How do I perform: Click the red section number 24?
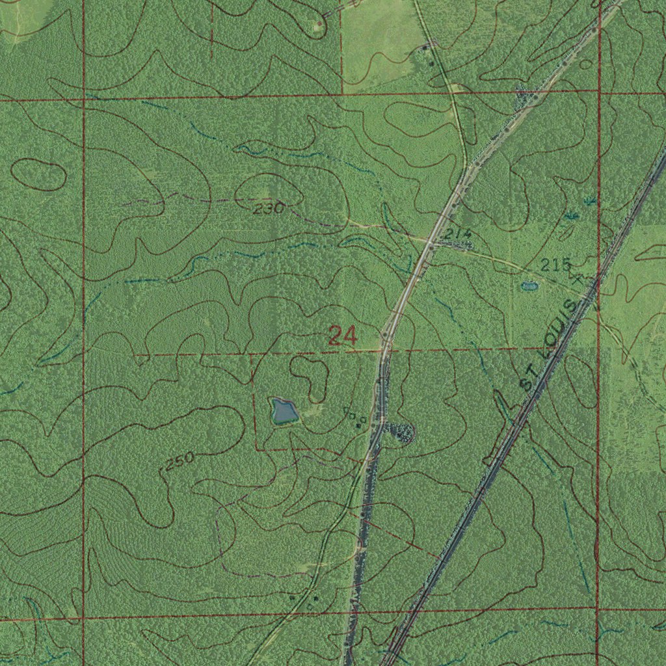pyautogui.click(x=342, y=336)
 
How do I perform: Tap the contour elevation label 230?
pyautogui.click(x=269, y=209)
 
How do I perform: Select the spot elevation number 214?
pyautogui.click(x=458, y=234)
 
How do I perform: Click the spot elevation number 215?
pyautogui.click(x=556, y=265)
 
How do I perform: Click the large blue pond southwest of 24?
pyautogui.click(x=284, y=411)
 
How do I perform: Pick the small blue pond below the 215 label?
pyautogui.click(x=530, y=286)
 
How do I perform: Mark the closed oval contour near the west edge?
pyautogui.click(x=38, y=174)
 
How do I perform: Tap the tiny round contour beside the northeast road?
pyautogui.click(x=585, y=64)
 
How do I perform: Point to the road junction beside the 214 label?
pyautogui.click(x=431, y=244)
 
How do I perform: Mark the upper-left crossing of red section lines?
pyautogui.click(x=83, y=100)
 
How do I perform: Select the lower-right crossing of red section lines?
pyautogui.click(x=598, y=609)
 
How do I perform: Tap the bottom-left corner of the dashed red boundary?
pyautogui.click(x=255, y=448)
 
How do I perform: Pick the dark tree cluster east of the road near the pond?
pyautogui.click(x=399, y=431)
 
